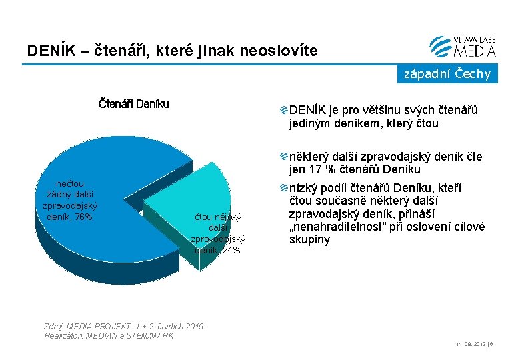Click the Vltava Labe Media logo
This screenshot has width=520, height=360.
(x=463, y=45)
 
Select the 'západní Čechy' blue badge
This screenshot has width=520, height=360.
(x=447, y=74)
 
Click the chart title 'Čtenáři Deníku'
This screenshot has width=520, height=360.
(x=133, y=103)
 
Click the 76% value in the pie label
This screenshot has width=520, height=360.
(x=85, y=217)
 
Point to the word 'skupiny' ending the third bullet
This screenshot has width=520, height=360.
(x=309, y=239)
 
